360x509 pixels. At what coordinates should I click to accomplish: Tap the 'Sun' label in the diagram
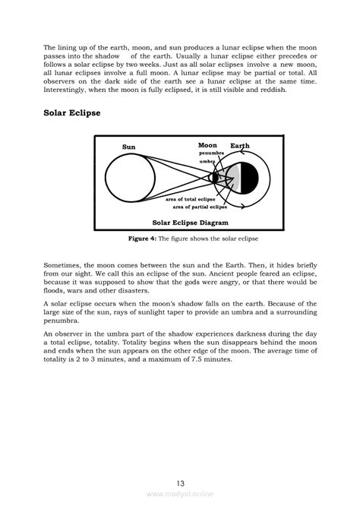(x=128, y=147)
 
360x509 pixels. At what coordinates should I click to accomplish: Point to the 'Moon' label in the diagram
(x=207, y=144)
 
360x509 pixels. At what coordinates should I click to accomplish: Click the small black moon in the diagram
(x=215, y=177)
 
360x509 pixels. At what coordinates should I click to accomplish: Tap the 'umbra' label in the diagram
(x=207, y=161)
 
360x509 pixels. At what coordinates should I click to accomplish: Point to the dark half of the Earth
(x=251, y=177)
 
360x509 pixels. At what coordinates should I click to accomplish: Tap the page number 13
(x=180, y=483)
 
